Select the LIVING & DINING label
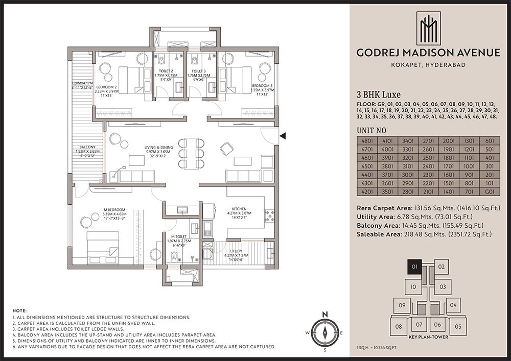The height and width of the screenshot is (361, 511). point(158,148)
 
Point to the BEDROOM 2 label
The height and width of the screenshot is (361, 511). point(109,87)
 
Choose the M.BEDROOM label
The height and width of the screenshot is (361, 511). point(114,209)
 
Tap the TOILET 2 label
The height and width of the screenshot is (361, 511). point(165,71)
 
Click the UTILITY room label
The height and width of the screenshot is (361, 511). point(236,252)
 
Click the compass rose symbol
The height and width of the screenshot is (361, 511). point(324,332)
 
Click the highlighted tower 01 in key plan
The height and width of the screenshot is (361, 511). point(414,267)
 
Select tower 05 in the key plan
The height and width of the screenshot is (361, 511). point(458,326)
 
